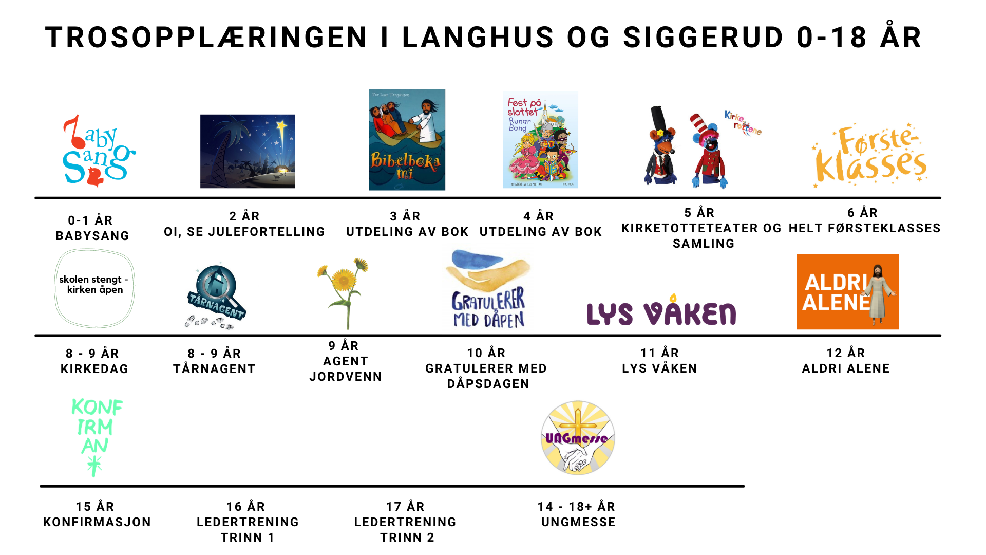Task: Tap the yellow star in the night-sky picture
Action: tap(281, 126)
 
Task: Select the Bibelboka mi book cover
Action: tap(407, 140)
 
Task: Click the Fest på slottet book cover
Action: tap(540, 140)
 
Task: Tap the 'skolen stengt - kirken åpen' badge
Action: tap(94, 288)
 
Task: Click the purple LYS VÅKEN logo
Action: tap(661, 312)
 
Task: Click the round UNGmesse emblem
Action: tap(578, 438)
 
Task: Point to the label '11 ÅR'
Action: tap(660, 353)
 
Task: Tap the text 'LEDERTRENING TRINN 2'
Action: tap(406, 529)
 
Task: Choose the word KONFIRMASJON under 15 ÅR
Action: tap(97, 522)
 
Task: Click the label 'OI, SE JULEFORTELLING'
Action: tap(244, 232)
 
